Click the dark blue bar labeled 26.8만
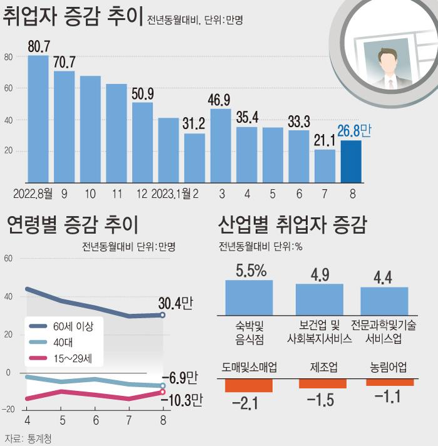click(351, 161)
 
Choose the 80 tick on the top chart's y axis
click(9, 57)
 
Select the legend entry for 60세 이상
click(73, 326)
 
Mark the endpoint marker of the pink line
click(163, 392)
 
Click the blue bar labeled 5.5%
click(249, 297)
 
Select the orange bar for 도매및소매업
click(248, 383)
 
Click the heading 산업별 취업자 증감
click(292, 224)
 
